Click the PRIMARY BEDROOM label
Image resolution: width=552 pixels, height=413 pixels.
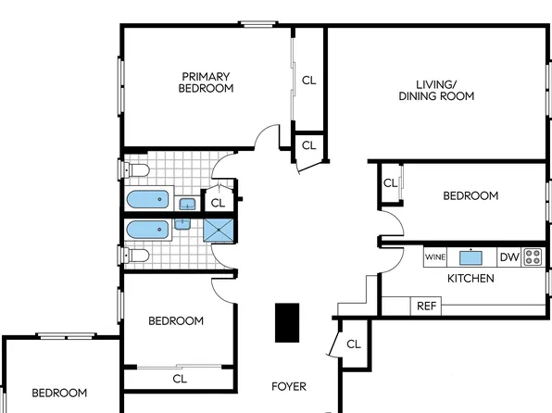coord(206,82)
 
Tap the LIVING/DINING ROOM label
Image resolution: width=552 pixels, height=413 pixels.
coord(436,90)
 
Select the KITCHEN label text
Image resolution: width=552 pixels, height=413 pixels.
coord(470,278)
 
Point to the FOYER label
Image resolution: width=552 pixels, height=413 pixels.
coord(288,386)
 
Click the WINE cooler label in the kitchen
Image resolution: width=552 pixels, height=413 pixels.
coord(434,257)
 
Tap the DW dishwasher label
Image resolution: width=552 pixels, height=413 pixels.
coord(508,257)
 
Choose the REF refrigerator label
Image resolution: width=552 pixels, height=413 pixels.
coord(426,306)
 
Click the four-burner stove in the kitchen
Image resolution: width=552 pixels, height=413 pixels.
coord(533,257)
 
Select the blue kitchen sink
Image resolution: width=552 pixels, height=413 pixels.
coord(472,257)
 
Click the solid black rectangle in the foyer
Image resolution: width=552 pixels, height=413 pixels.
coord(287,322)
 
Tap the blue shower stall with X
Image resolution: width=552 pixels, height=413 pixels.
coord(219,230)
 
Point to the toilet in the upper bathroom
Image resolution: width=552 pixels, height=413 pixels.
coord(135,171)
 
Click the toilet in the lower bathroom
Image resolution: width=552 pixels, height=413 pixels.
coord(135,255)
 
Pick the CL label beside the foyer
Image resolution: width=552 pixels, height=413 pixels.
coord(353,344)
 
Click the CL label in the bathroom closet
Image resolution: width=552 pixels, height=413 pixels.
coord(218,202)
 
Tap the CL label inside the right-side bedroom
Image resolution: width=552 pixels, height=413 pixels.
coord(390,182)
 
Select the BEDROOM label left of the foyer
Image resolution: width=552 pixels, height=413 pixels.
coord(176,320)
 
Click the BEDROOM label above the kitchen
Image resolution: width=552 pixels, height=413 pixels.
coord(470,195)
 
